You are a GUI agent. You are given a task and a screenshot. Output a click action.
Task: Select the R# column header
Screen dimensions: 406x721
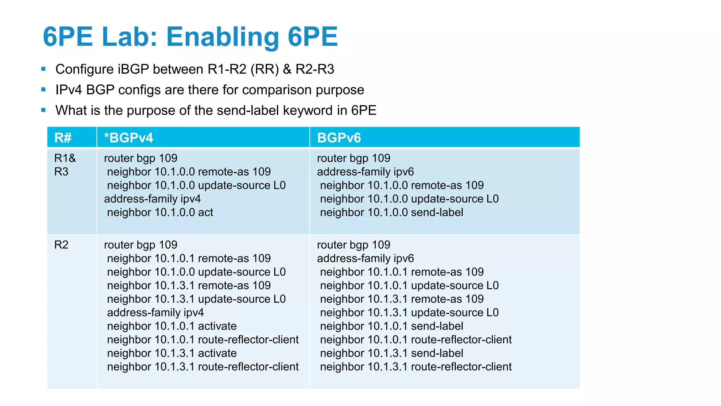(x=63, y=137)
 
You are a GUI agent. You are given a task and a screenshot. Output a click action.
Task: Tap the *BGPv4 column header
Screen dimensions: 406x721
(x=128, y=137)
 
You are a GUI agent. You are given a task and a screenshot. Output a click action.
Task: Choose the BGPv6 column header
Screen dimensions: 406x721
(x=339, y=137)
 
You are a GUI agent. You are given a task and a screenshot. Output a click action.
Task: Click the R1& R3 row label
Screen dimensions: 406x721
(x=65, y=165)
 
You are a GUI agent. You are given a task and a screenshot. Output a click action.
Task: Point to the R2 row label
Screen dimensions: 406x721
(x=61, y=245)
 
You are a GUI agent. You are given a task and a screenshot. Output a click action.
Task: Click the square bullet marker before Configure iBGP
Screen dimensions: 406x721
(x=43, y=69)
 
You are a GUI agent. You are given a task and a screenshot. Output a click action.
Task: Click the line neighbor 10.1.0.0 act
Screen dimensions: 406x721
(x=160, y=212)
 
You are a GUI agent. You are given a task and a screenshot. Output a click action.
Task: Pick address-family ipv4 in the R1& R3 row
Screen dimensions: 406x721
(x=152, y=199)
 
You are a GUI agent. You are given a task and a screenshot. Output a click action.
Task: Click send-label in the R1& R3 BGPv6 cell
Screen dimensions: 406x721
(x=437, y=212)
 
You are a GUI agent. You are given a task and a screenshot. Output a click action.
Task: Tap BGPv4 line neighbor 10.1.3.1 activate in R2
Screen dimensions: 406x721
(x=172, y=353)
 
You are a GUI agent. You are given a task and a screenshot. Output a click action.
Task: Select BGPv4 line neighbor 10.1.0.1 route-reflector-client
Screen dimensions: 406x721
(x=203, y=339)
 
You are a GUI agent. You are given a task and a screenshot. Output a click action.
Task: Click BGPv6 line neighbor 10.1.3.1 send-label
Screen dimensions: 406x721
(x=391, y=353)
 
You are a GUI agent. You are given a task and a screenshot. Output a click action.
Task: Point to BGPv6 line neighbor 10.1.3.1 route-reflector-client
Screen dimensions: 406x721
(x=416, y=367)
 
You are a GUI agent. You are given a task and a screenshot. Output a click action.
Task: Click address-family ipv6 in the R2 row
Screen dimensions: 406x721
(x=365, y=258)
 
